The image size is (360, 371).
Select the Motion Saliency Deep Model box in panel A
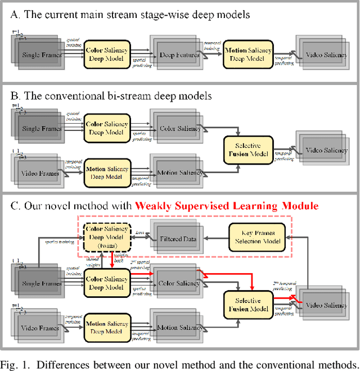pyautogui.click(x=248, y=54)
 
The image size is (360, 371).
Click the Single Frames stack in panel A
pyautogui.click(x=40, y=55)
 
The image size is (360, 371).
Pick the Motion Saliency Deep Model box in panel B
pyautogui.click(x=107, y=172)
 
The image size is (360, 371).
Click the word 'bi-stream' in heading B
pyautogui.click(x=112, y=96)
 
